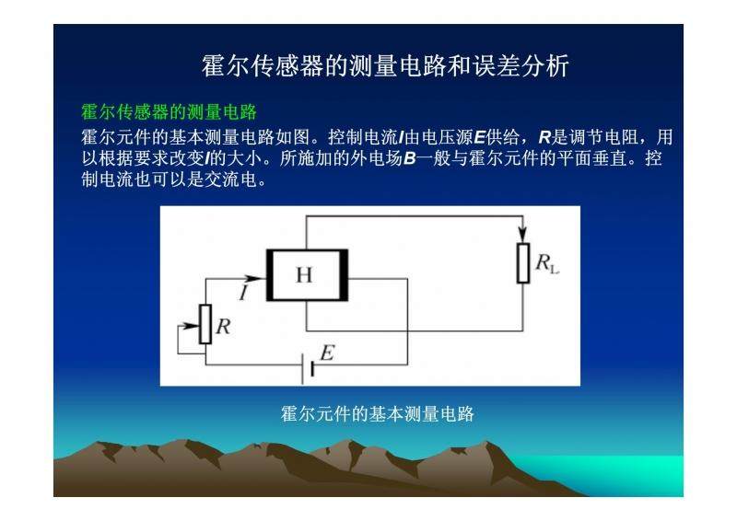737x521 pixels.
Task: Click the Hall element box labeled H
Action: pyautogui.click(x=308, y=275)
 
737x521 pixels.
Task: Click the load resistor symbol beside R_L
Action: pyautogui.click(x=523, y=263)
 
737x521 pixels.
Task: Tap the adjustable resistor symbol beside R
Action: pyautogui.click(x=205, y=324)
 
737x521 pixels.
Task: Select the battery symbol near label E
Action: pyautogui.click(x=308, y=369)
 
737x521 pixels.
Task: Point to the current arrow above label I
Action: pyautogui.click(x=250, y=279)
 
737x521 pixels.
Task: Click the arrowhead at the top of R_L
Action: pyautogui.click(x=523, y=236)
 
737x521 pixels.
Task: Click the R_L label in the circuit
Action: pyautogui.click(x=547, y=263)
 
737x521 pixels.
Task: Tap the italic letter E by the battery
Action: pyautogui.click(x=328, y=353)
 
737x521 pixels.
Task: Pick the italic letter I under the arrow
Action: pyautogui.click(x=244, y=293)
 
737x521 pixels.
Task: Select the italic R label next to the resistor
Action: pyautogui.click(x=223, y=326)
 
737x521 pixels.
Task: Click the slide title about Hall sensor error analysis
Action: pyautogui.click(x=385, y=65)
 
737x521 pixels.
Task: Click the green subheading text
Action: pyautogui.click(x=170, y=112)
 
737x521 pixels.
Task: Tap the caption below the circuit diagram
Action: pyautogui.click(x=378, y=414)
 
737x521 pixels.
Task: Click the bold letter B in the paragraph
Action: pyautogui.click(x=409, y=158)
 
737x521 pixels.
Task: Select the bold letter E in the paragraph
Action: pyautogui.click(x=479, y=137)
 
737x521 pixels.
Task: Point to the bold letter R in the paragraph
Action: pyautogui.click(x=544, y=137)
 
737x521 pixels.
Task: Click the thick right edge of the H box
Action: pyautogui.click(x=344, y=275)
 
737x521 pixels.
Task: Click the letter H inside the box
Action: pyautogui.click(x=304, y=275)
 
